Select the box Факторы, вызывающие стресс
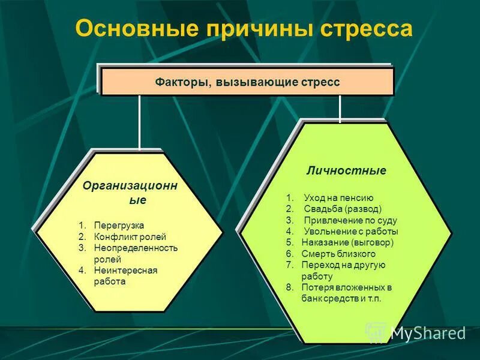[x=247, y=82]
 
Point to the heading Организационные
[x=130, y=193]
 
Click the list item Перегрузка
[x=119, y=225]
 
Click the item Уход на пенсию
[x=338, y=198]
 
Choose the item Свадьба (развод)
[x=342, y=209]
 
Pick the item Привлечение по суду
[x=350, y=220]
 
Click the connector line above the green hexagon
[x=340, y=109]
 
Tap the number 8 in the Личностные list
[x=289, y=287]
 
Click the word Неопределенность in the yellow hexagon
[x=136, y=248]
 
